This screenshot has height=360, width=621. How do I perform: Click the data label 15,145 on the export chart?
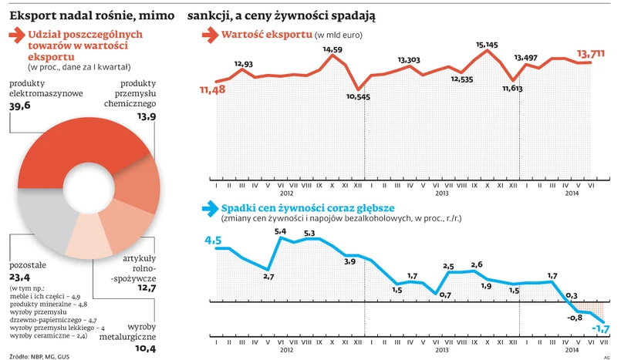(487, 45)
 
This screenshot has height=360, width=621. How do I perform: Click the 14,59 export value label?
(332, 50)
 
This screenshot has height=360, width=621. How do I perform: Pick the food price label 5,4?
(281, 231)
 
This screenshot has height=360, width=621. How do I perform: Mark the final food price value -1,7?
(600, 330)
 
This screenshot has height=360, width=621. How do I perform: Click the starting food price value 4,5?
(213, 240)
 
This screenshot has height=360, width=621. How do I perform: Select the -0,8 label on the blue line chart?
(575, 318)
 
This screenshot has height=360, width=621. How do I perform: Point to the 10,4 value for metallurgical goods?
(145, 348)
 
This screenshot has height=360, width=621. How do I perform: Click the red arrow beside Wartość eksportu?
(208, 35)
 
